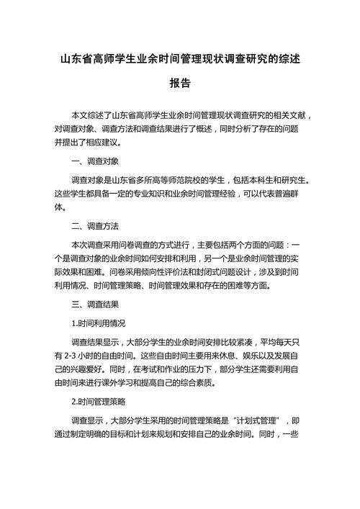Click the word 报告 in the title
click(x=180, y=84)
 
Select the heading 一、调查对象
click(x=96, y=161)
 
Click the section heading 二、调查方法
click(x=96, y=226)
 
